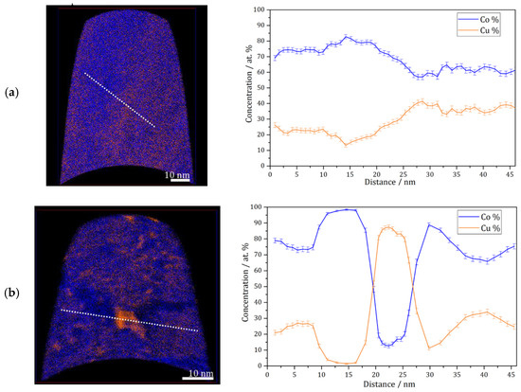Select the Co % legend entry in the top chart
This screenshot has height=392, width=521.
pyautogui.click(x=490, y=17)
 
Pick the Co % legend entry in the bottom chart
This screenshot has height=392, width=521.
pyautogui.click(x=490, y=217)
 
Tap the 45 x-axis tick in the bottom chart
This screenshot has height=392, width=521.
pyautogui.click(x=509, y=372)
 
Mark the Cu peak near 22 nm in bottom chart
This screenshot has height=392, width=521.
pyautogui.click(x=387, y=227)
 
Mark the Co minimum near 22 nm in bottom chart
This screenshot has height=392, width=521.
pyautogui.click(x=387, y=345)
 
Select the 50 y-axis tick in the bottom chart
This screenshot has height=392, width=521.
pyautogui.click(x=258, y=286)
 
